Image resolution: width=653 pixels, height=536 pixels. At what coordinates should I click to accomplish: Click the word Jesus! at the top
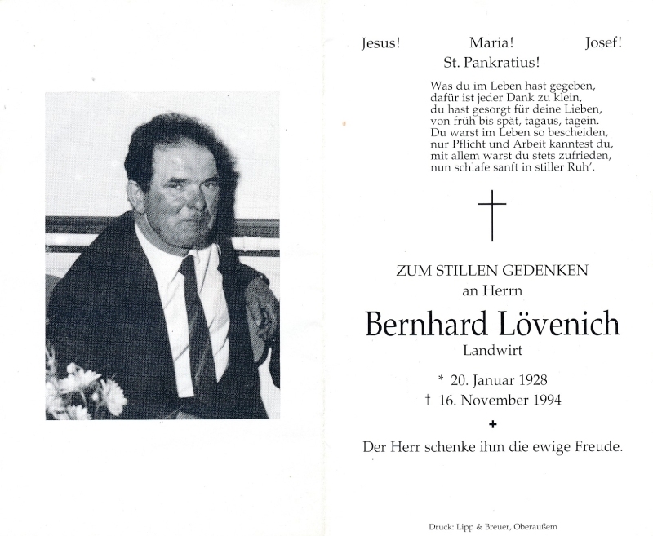380,44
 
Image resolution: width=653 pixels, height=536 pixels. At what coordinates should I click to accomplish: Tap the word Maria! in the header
491,44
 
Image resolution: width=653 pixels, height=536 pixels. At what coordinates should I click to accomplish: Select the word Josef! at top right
603,44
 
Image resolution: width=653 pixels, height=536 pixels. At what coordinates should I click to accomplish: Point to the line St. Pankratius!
491,62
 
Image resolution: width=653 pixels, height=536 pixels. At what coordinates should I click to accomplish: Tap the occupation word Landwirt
492,351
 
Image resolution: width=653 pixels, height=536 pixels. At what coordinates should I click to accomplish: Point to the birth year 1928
530,381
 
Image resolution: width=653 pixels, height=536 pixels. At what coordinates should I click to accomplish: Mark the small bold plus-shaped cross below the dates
492,423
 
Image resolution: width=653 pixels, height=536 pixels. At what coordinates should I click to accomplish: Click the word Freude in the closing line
599,447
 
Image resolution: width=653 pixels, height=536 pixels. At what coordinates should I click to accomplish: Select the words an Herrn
491,290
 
